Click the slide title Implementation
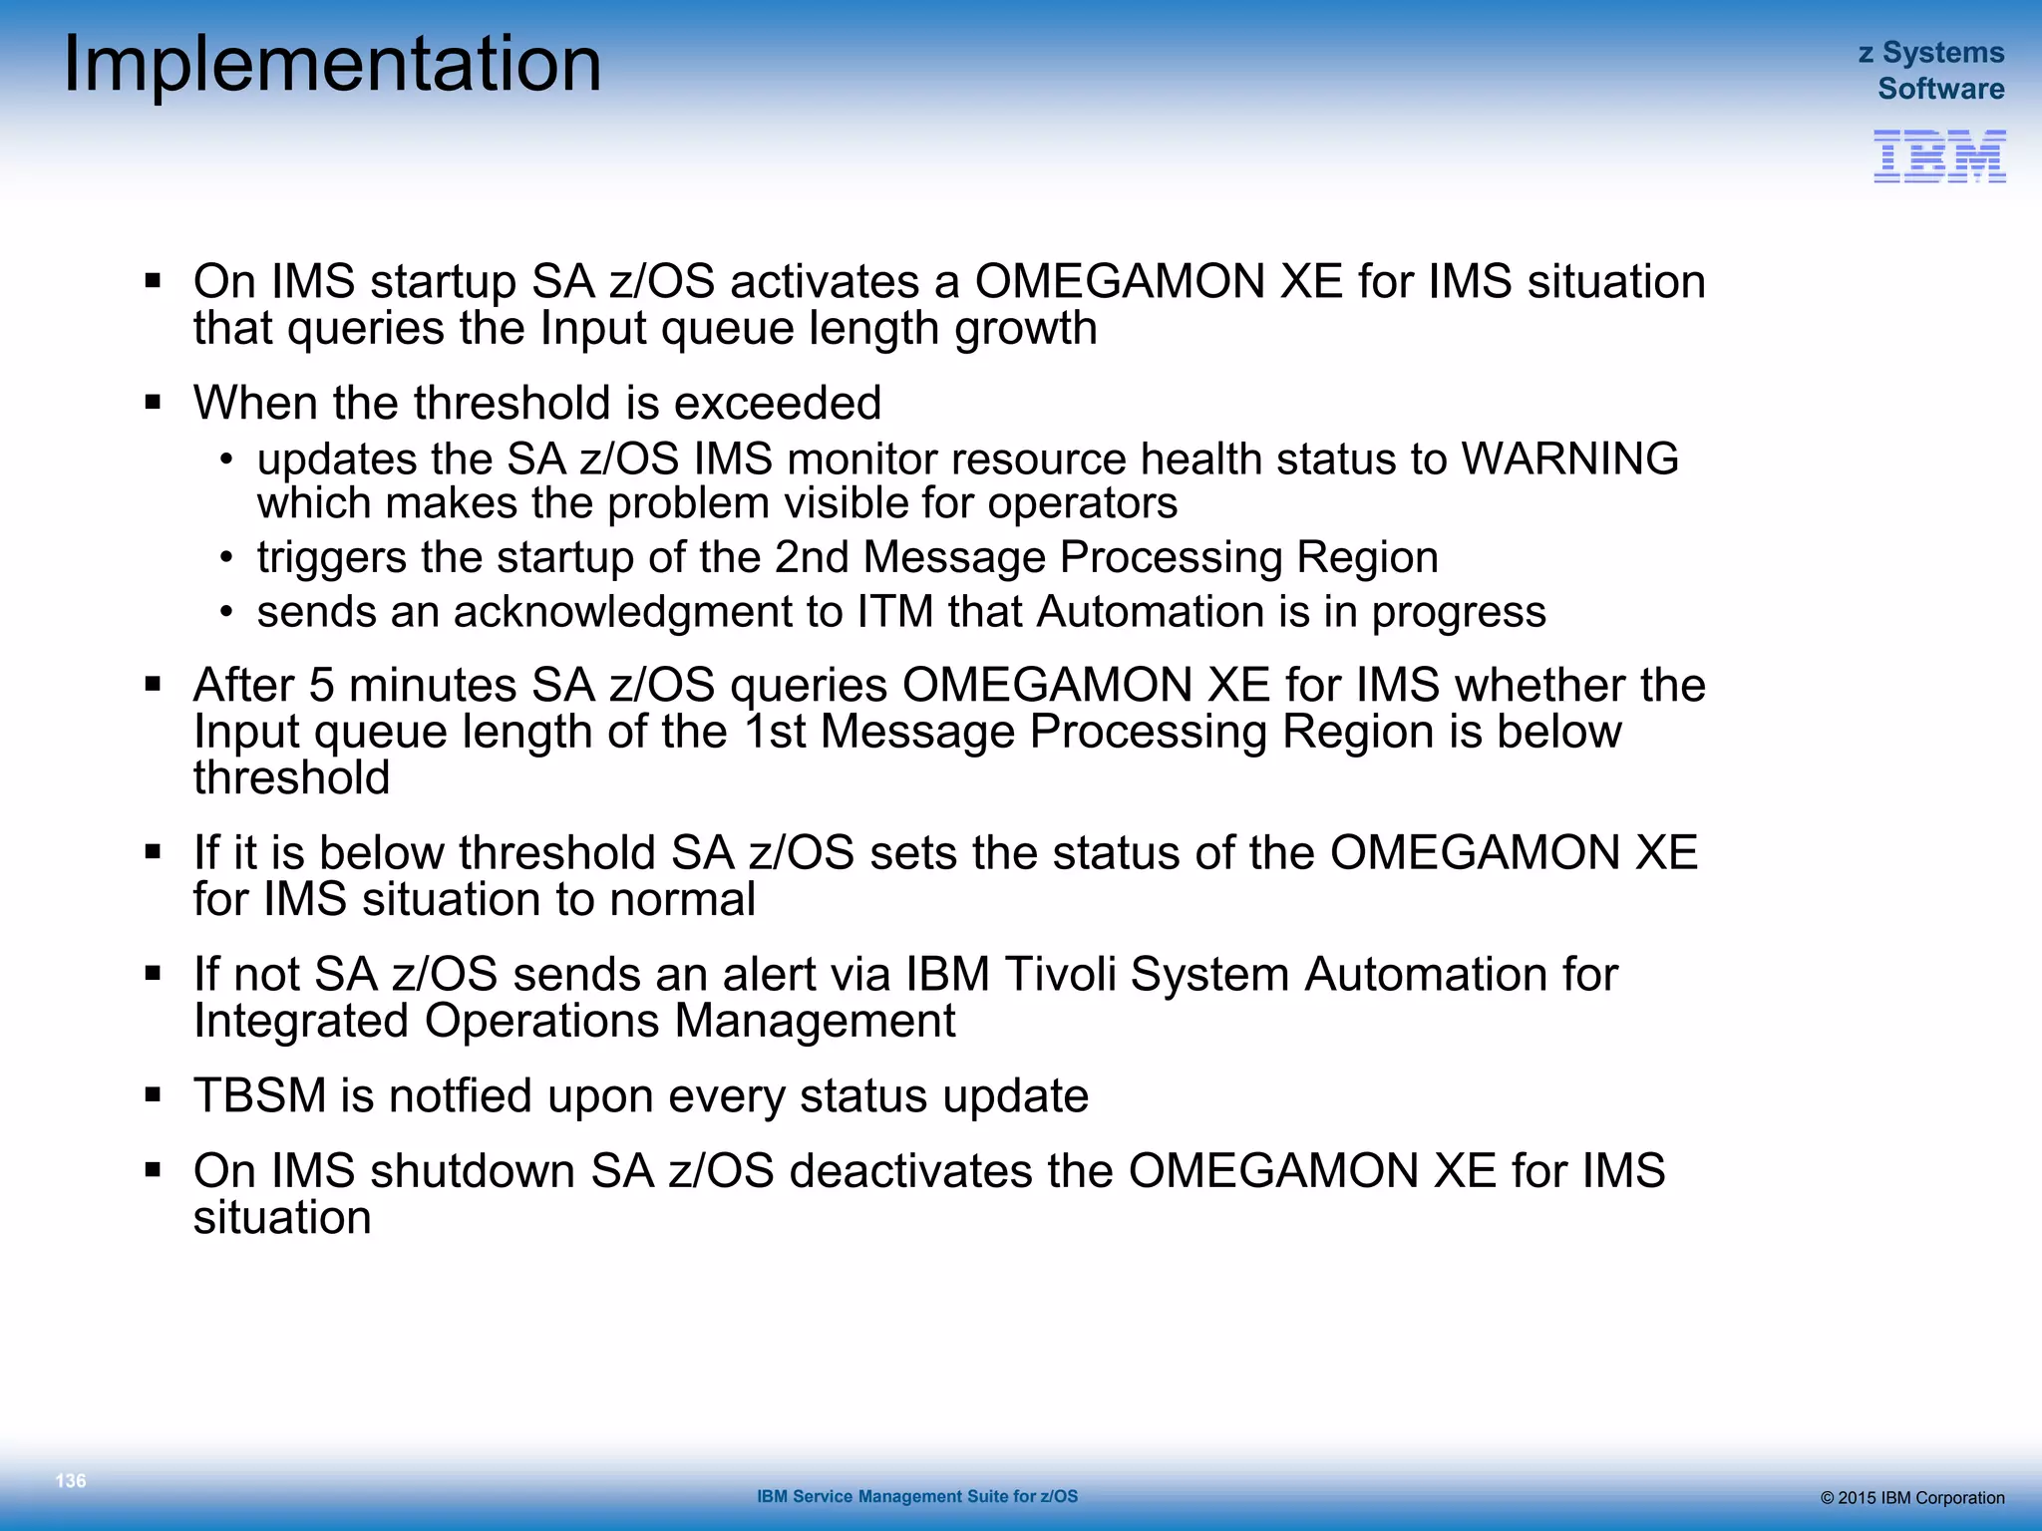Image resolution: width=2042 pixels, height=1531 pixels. (332, 65)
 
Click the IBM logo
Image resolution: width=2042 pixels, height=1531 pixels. (1939, 156)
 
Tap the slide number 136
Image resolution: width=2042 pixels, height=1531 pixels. (71, 1480)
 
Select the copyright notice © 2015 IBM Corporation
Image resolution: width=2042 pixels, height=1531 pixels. (1912, 1498)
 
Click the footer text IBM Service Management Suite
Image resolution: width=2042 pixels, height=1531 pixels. (916, 1496)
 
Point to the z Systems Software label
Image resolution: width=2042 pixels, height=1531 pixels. (1932, 70)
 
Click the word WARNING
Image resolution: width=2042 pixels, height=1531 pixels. (1569, 459)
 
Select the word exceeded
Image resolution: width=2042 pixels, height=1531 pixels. (777, 404)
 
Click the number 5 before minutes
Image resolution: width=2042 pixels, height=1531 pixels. (321, 686)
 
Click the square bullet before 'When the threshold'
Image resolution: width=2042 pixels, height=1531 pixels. (153, 403)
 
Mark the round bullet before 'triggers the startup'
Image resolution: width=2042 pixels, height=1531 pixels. (227, 557)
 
